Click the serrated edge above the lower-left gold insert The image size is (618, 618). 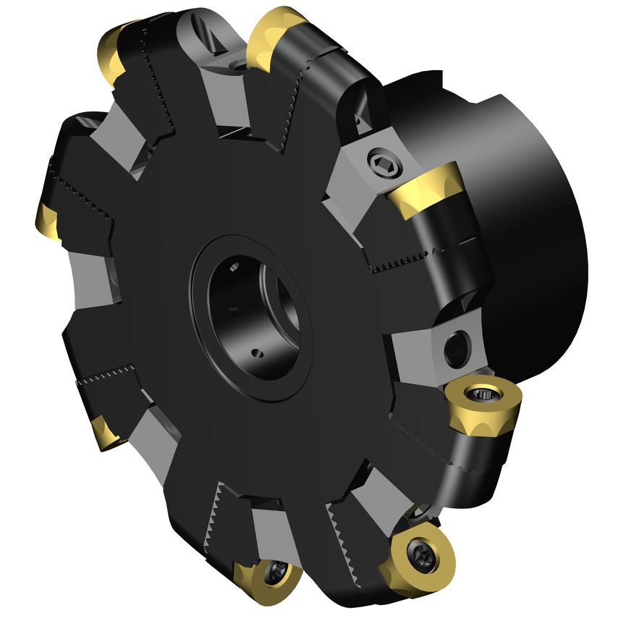pyautogui.click(x=109, y=376)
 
